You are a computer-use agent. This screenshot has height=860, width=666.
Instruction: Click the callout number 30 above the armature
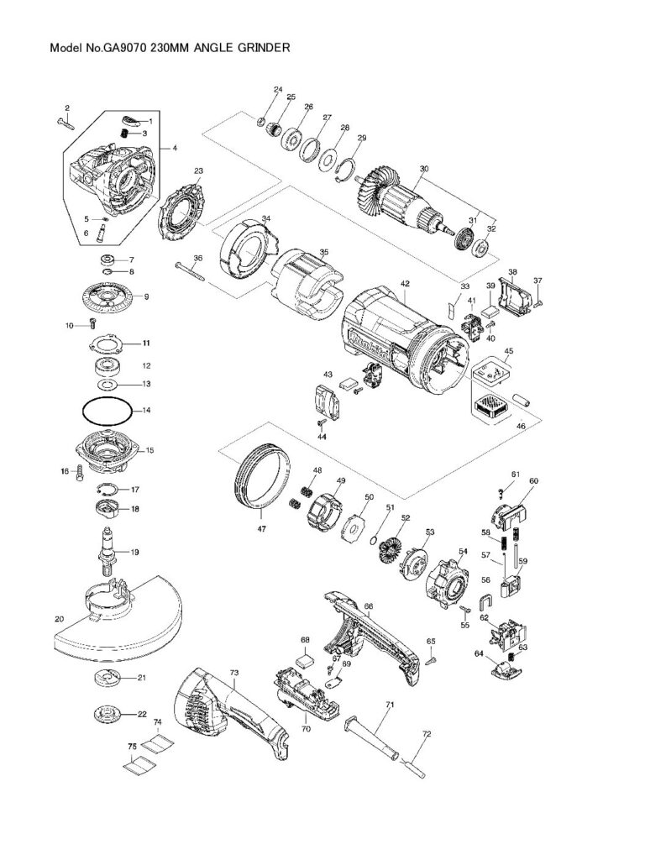coord(424,169)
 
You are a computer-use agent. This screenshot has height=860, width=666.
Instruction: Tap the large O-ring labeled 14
coord(106,412)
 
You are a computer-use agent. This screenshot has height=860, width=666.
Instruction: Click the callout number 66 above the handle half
coord(368,606)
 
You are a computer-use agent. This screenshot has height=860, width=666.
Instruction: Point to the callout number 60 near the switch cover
coord(533,481)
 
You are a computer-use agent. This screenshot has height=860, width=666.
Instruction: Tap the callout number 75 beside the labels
coord(131,746)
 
